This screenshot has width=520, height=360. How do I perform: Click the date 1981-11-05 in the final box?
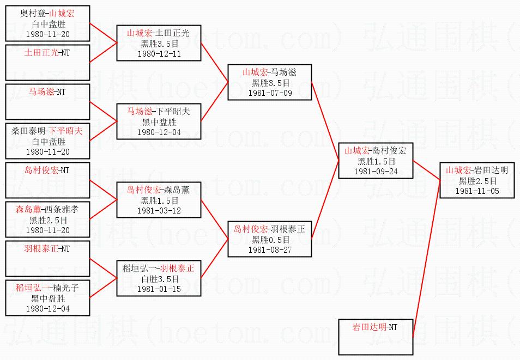pos(477,191)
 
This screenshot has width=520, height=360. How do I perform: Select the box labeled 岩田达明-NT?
pos(376,337)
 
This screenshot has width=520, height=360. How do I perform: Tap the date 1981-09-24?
pos(376,172)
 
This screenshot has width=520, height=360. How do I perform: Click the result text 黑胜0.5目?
pos(270,239)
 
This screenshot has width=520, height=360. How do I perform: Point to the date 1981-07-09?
pos(270,93)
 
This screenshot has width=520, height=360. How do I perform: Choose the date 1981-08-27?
pos(270,250)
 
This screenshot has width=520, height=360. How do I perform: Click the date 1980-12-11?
pos(159,54)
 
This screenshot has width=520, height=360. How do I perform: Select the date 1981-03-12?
pos(159,211)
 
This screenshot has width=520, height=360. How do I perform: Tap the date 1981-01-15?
pos(159,289)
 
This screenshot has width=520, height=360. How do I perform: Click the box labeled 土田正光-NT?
pos(47,63)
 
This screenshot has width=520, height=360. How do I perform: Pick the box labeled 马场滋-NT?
pos(47,102)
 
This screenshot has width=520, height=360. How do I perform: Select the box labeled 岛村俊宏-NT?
pos(47,180)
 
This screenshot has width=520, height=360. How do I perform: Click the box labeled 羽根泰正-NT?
pos(47,259)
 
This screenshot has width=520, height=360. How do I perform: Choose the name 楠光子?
pos(66,288)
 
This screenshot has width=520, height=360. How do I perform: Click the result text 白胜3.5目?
pos(160,279)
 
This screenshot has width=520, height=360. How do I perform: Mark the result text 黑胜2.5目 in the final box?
pos(477,181)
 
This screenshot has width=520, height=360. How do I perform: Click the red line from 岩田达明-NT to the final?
pos(426,259)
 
